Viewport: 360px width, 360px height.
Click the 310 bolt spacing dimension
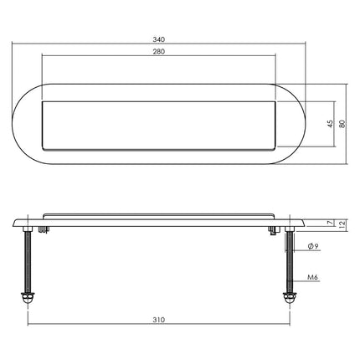tap(158, 319)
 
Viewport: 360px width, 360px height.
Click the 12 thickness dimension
tap(342, 223)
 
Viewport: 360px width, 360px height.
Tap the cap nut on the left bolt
tap(29, 298)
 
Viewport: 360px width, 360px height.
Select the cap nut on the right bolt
tap(289, 298)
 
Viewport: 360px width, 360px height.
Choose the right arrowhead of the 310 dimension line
tap(287, 326)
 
